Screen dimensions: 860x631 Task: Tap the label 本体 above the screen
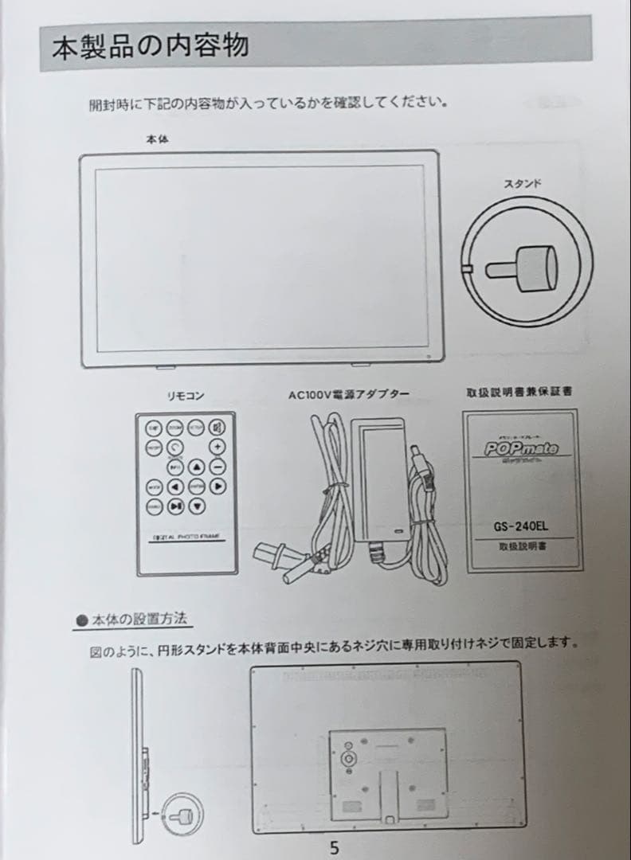click(157, 139)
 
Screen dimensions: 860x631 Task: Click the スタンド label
click(523, 184)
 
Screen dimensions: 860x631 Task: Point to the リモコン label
click(185, 396)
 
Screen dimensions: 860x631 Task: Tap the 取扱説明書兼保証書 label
click(519, 392)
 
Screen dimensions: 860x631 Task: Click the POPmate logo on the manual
click(522, 448)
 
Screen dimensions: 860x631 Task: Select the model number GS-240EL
click(522, 526)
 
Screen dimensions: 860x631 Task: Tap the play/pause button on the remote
click(176, 505)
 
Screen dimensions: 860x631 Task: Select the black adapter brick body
click(379, 478)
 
